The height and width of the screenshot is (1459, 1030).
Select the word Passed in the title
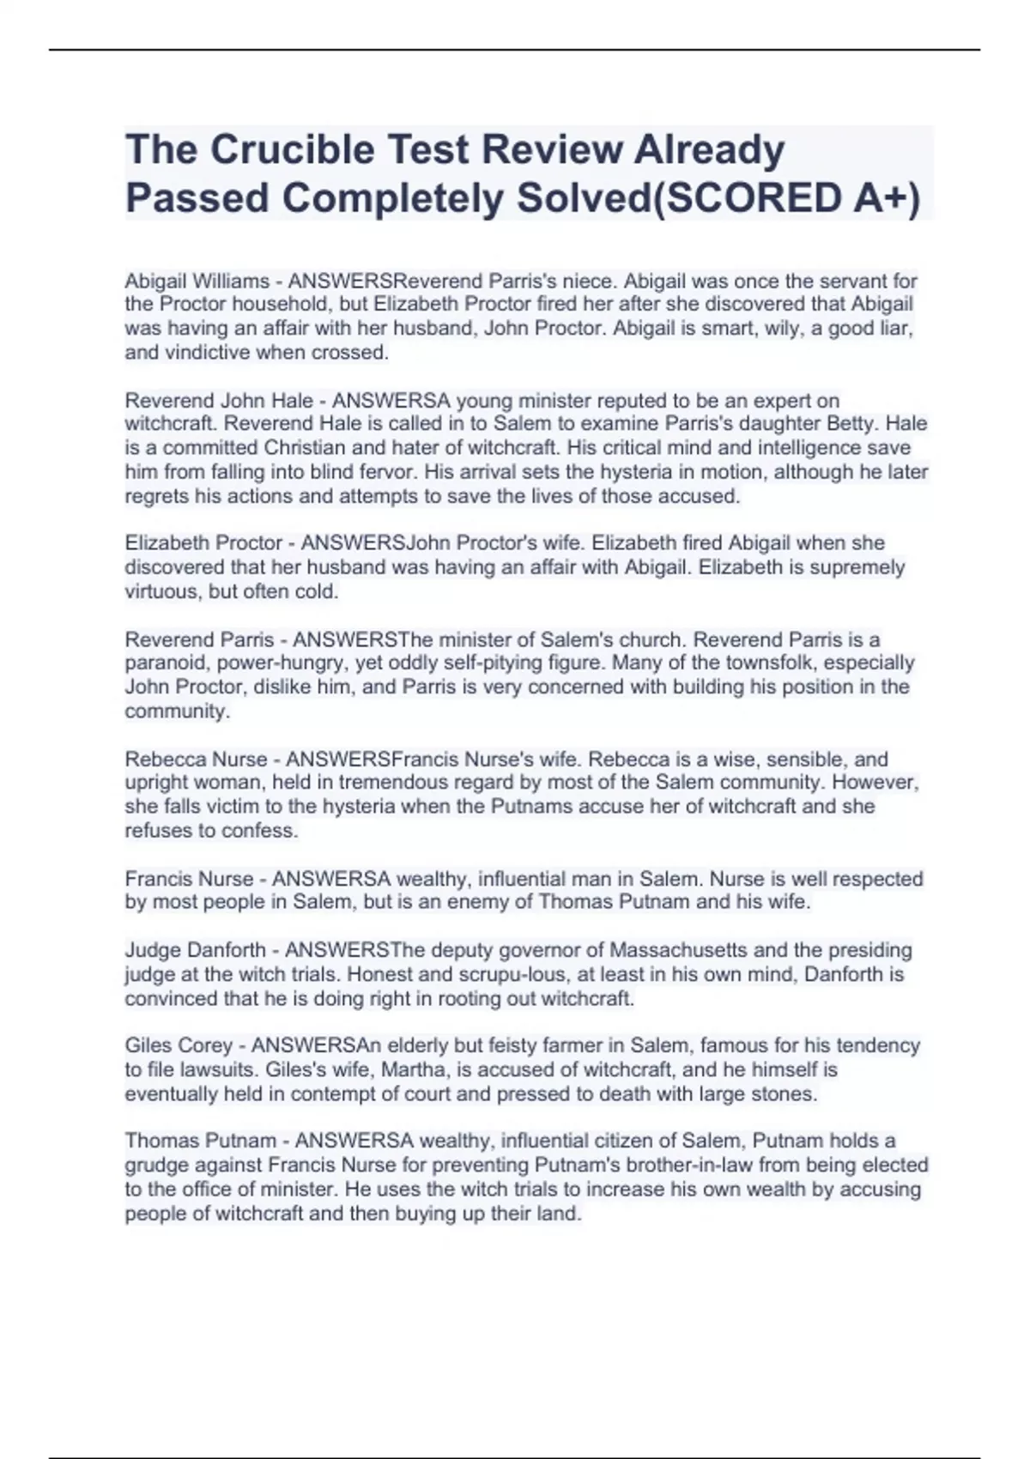(x=197, y=198)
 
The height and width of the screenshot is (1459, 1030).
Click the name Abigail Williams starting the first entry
(x=197, y=281)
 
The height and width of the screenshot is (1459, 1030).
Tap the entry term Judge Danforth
(x=195, y=950)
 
